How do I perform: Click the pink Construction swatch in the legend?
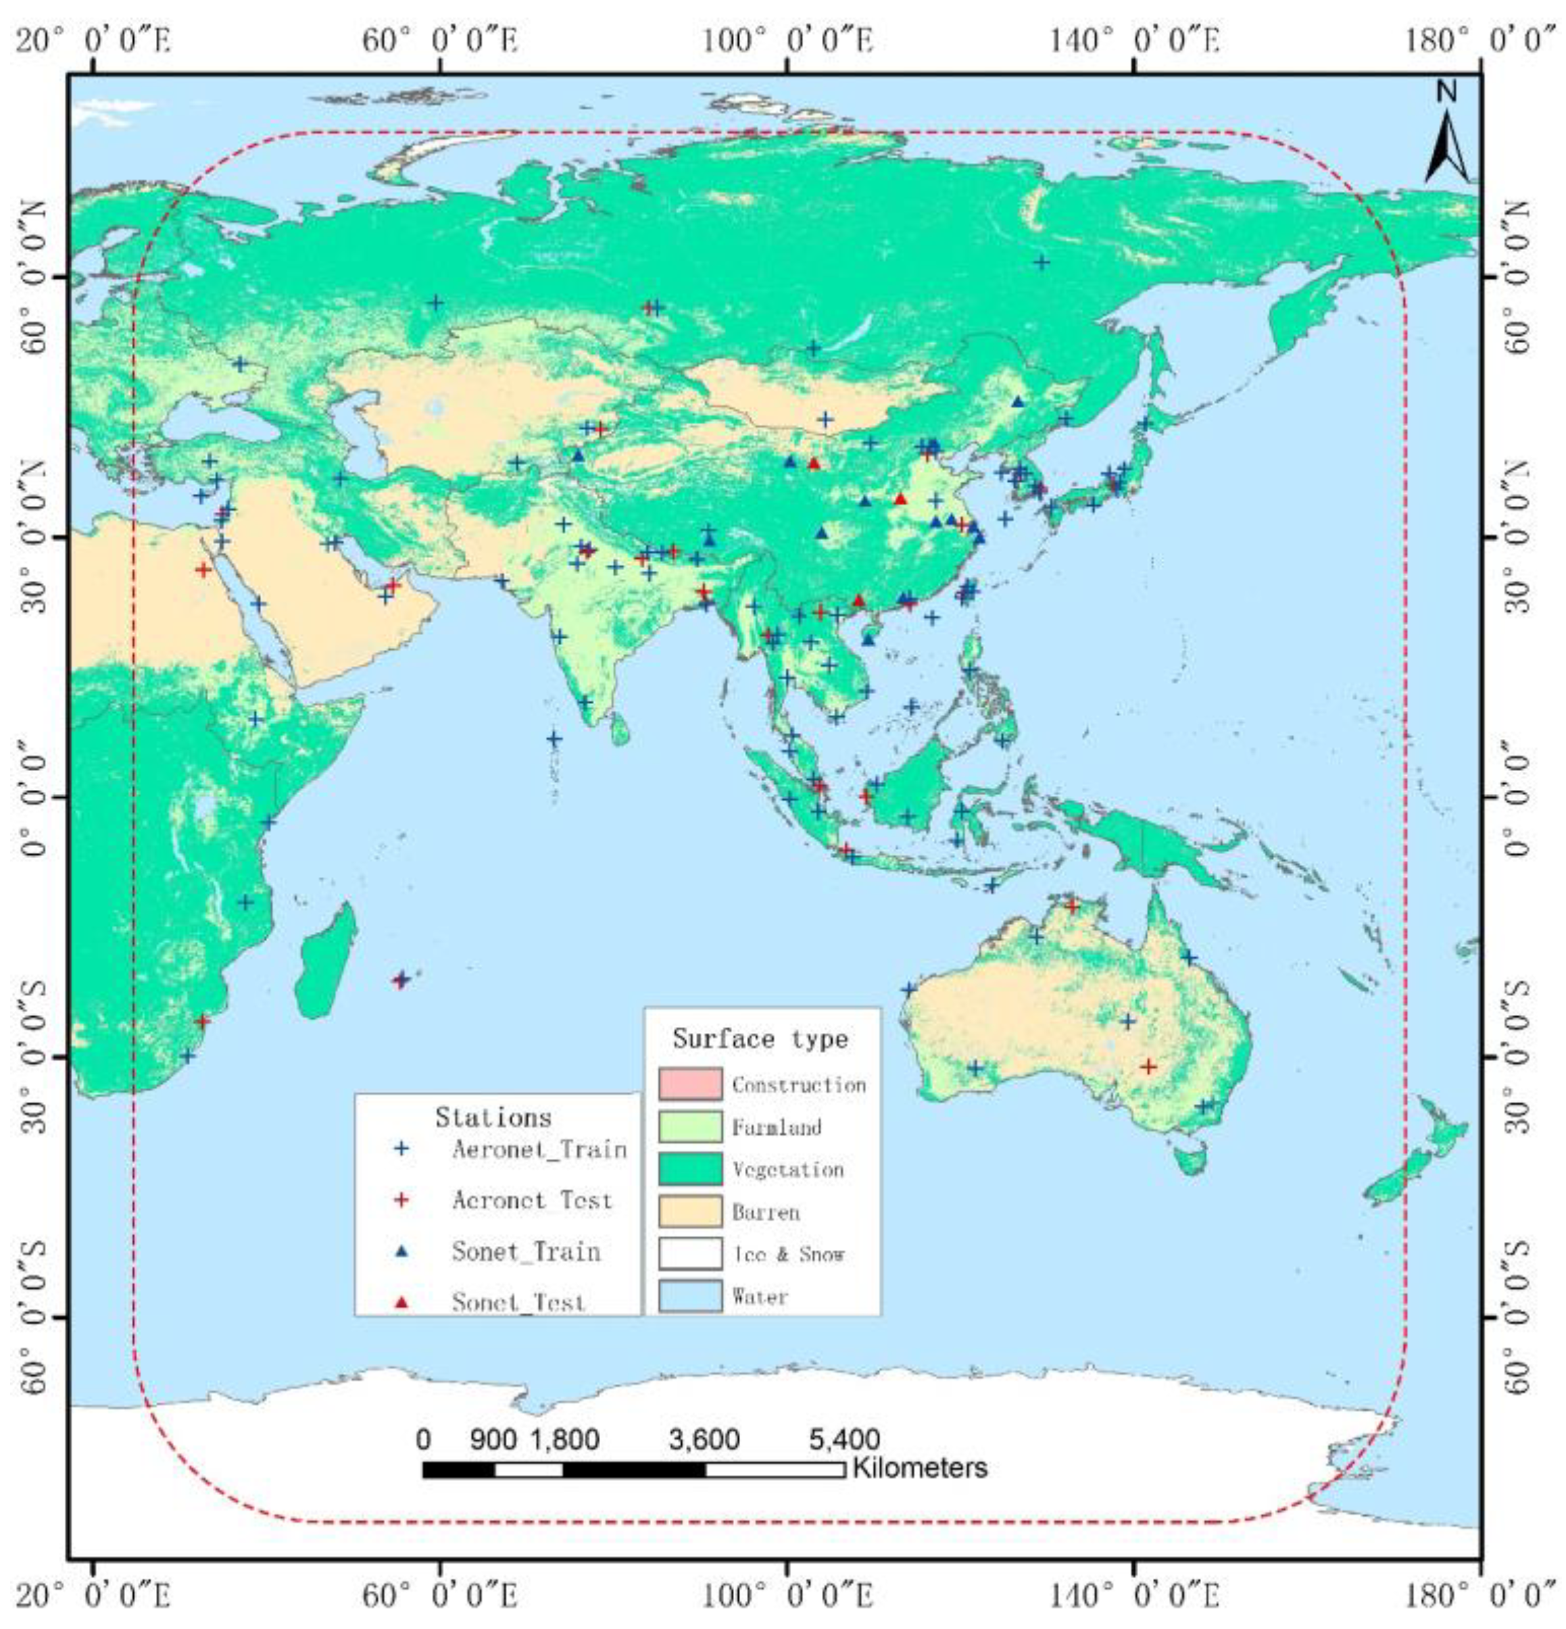tap(690, 1084)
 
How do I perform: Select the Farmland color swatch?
tap(690, 1126)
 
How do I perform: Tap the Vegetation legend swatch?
tap(690, 1169)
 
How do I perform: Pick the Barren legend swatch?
tap(690, 1211)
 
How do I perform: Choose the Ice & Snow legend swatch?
tap(690, 1253)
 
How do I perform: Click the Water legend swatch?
tap(690, 1296)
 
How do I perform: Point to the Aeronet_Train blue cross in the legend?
tap(402, 1149)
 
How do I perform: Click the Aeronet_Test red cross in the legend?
tap(402, 1199)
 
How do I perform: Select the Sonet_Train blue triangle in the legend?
tap(402, 1251)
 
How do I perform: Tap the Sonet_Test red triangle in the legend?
tap(402, 1301)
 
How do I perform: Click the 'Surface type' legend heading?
tap(760, 1039)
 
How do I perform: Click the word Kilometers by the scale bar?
tap(919, 1468)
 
